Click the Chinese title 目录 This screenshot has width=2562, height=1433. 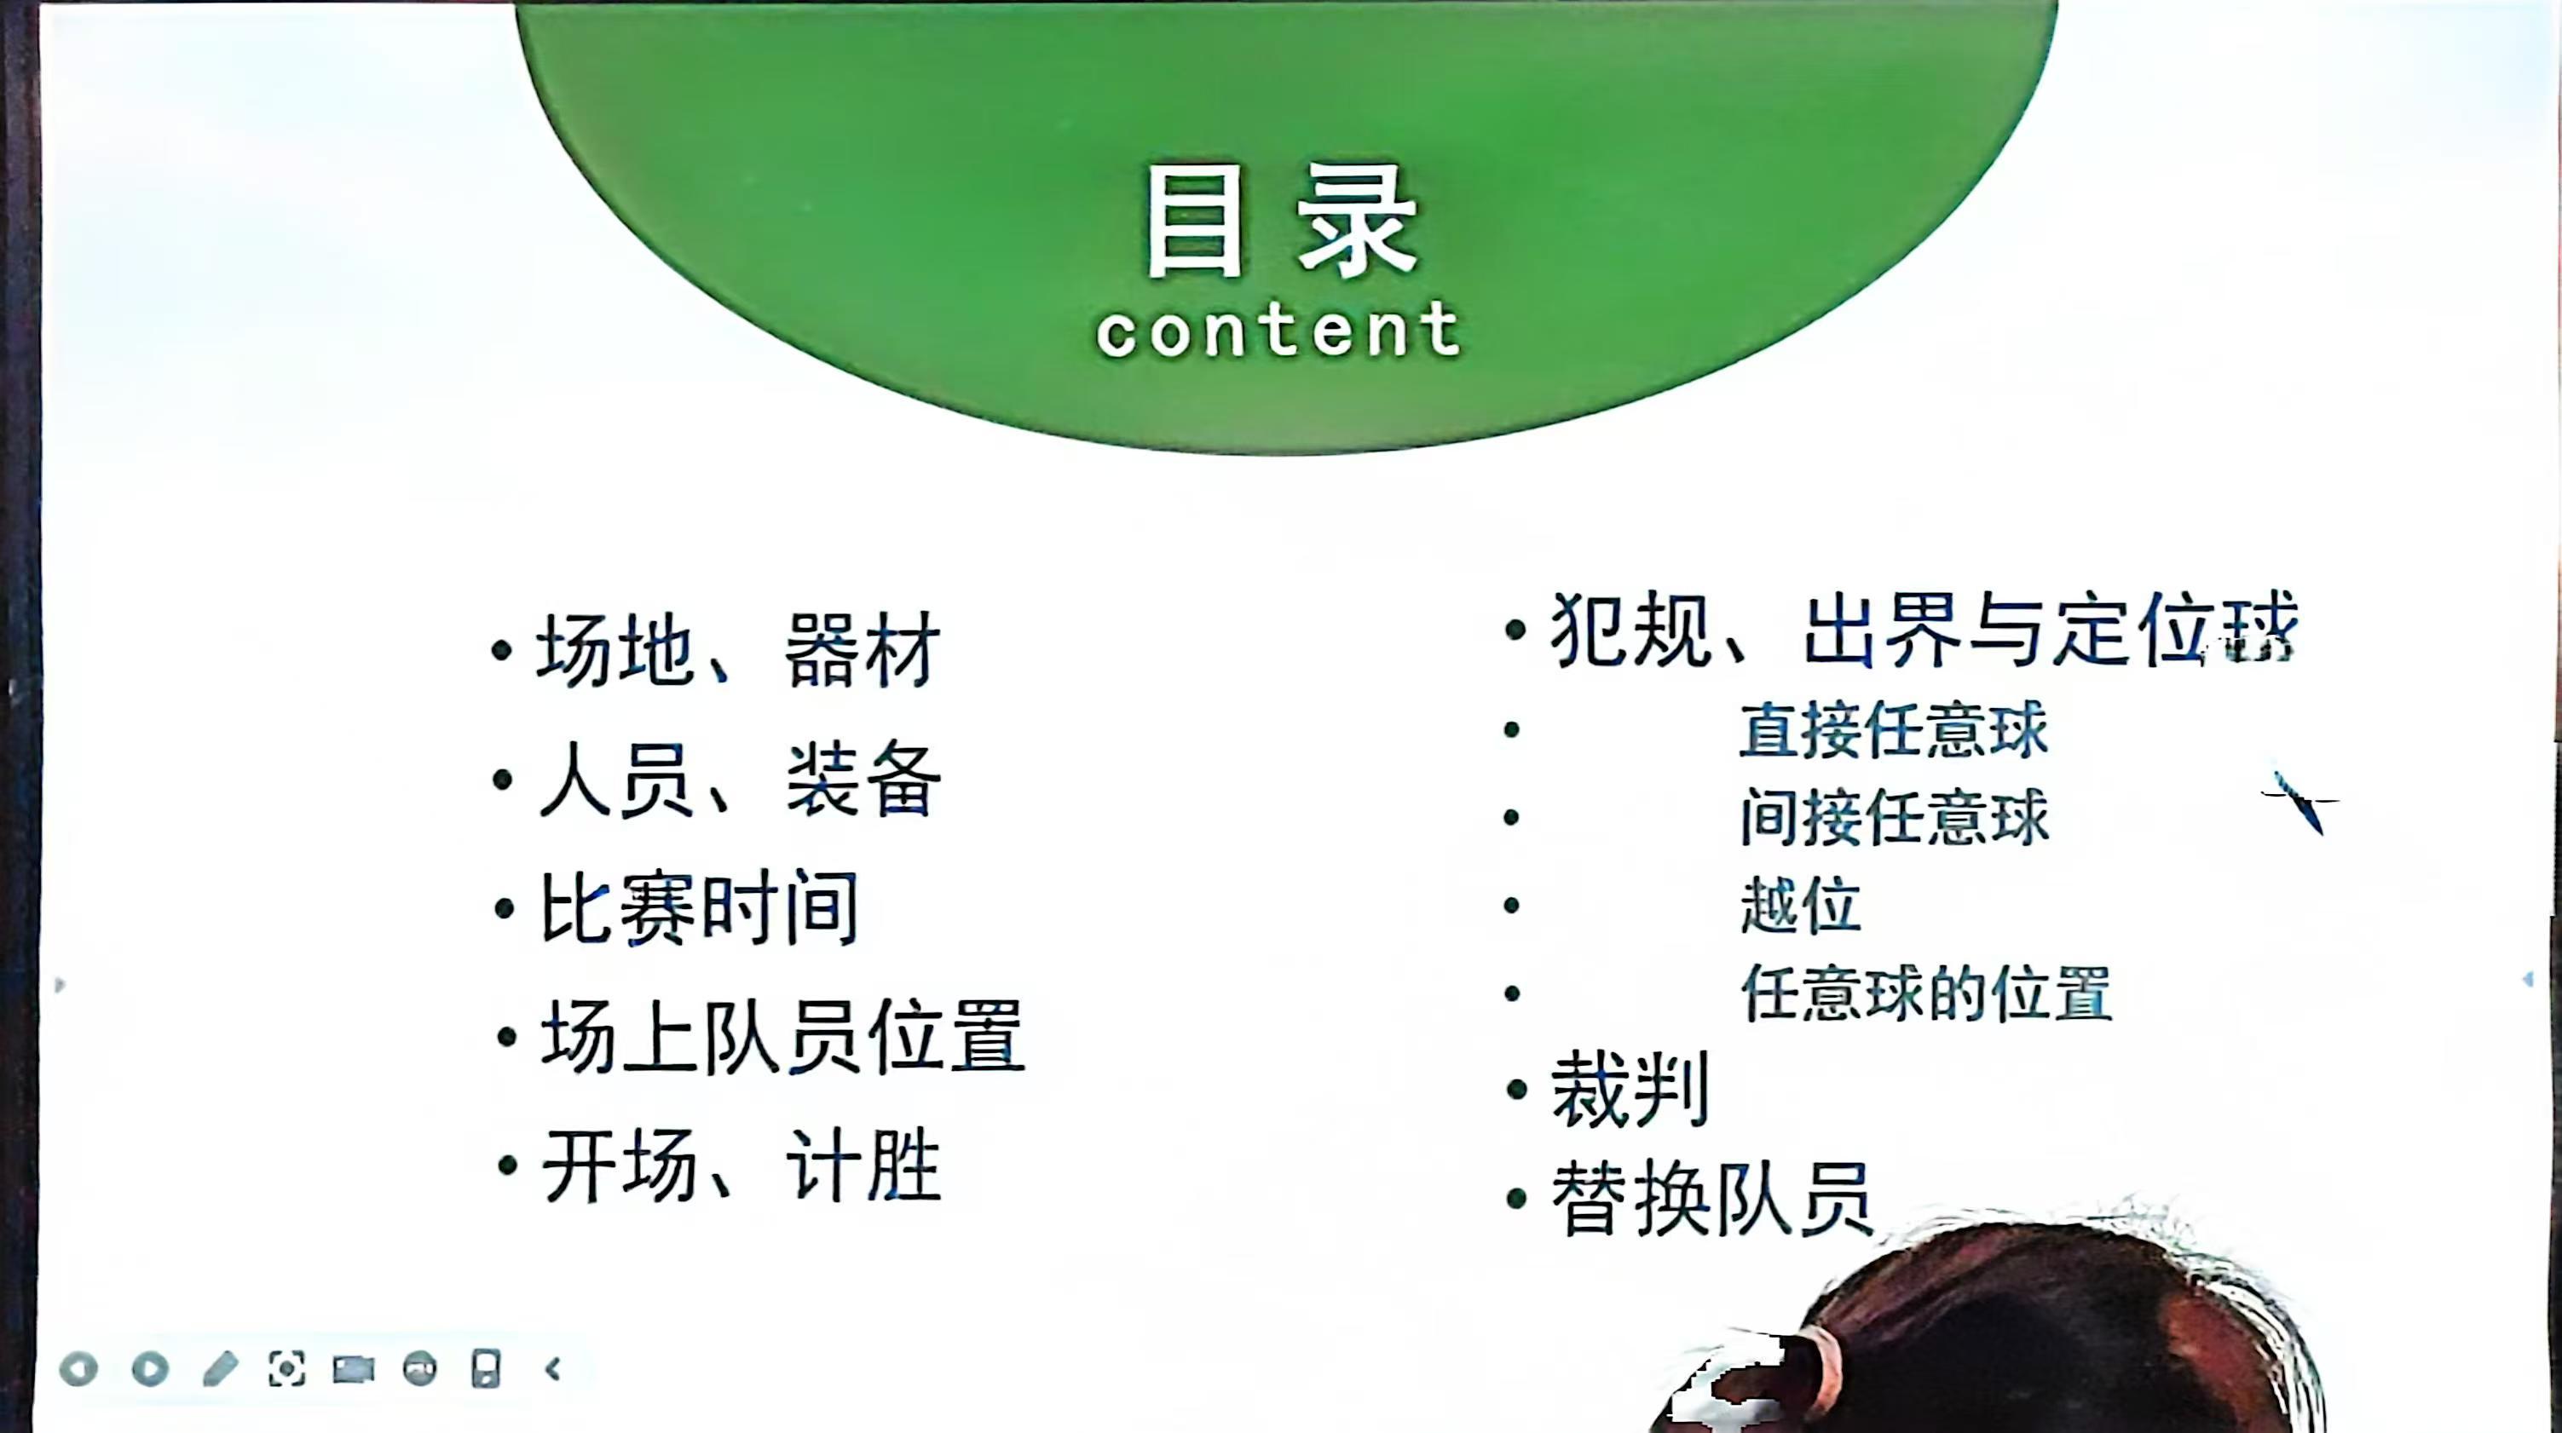[1281, 222]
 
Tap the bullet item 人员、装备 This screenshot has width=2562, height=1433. [738, 780]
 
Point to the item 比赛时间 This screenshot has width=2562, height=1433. [698, 908]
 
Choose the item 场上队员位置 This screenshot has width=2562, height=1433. [782, 1036]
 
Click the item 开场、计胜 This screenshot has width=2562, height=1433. [740, 1165]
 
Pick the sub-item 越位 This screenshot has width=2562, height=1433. [1801, 905]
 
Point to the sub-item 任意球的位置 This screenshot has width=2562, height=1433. [1926, 993]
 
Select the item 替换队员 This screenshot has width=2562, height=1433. [1711, 1199]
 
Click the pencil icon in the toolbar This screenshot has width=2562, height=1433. [220, 1369]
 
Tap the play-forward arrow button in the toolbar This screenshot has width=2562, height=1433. [150, 1369]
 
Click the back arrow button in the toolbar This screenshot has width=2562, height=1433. [78, 1369]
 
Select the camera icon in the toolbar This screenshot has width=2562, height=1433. [353, 1370]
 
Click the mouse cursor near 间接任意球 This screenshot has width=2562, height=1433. [2299, 802]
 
